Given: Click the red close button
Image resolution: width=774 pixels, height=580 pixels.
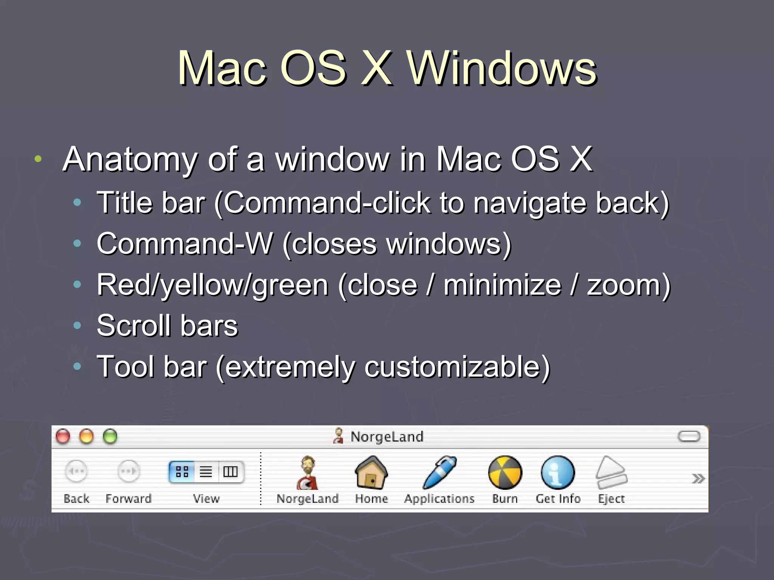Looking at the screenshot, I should click(x=63, y=437).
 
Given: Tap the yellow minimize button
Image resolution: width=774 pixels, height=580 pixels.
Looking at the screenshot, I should click(x=87, y=437).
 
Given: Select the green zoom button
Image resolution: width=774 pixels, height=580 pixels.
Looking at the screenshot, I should click(x=110, y=437).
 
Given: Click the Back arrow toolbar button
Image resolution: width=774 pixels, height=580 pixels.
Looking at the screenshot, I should click(x=76, y=471).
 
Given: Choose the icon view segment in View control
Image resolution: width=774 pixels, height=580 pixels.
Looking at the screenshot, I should click(x=182, y=472).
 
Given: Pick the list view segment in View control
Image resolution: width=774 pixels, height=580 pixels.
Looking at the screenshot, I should click(x=206, y=472).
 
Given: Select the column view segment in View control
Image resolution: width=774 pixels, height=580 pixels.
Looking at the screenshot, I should click(x=230, y=472).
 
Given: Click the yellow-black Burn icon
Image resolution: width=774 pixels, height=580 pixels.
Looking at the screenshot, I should click(x=505, y=472).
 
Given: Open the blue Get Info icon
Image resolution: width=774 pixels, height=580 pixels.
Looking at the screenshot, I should click(x=558, y=472).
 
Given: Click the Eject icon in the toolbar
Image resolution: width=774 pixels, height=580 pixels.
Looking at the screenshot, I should click(x=611, y=472).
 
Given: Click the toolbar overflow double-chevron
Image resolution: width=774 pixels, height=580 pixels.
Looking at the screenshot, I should click(x=698, y=479).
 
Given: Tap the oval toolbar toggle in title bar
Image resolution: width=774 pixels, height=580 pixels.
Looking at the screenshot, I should click(x=689, y=437).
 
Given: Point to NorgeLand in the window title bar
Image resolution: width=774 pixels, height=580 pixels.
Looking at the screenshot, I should click(x=387, y=437).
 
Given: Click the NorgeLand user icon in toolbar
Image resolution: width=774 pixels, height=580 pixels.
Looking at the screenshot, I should click(x=307, y=472).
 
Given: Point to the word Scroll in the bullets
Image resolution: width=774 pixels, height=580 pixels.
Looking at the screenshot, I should click(x=134, y=325).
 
